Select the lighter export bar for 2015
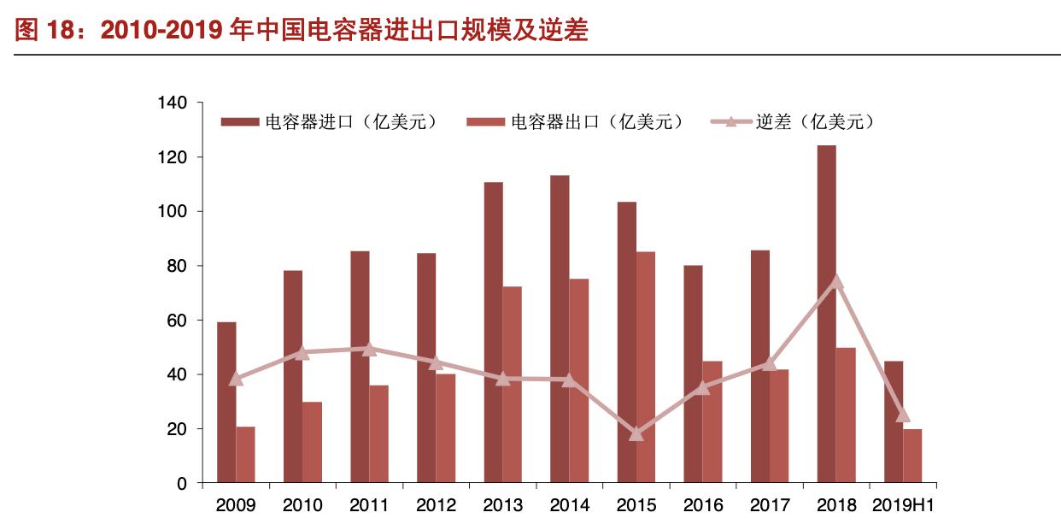tap(646, 368)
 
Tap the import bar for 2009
tap(226, 402)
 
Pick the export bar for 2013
tap(512, 385)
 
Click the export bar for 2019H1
tap(912, 456)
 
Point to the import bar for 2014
tap(560, 329)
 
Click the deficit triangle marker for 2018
tap(836, 281)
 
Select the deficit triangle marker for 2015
tap(636, 433)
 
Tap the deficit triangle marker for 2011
tap(369, 348)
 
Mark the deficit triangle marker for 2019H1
tap(903, 415)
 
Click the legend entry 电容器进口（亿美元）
tap(330, 121)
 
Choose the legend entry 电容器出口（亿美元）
tap(576, 121)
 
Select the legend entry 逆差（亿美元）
tap(794, 121)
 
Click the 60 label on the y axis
tap(176, 321)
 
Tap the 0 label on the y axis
tap(181, 484)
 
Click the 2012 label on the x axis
tap(436, 505)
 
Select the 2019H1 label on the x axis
tap(903, 505)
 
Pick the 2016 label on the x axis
tap(703, 505)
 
